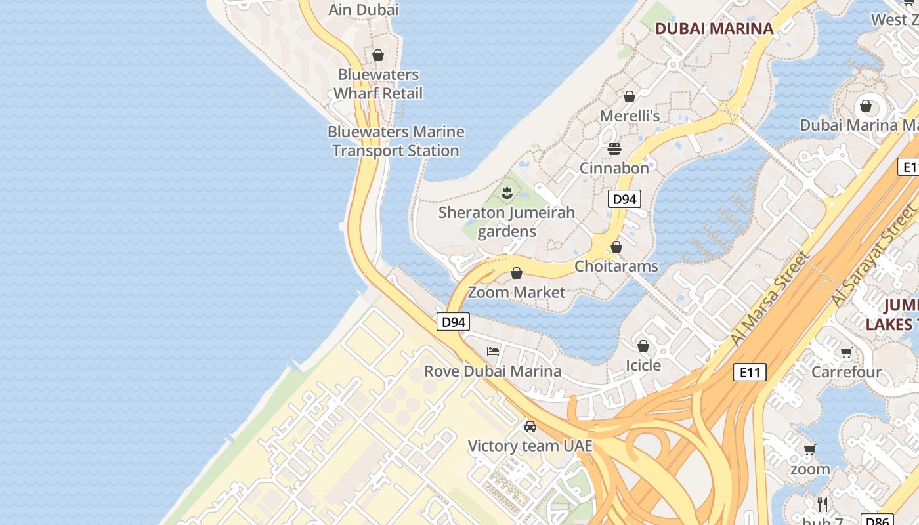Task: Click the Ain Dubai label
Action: point(363,10)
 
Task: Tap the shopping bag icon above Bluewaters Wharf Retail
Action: point(378,55)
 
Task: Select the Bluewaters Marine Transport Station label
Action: point(396,141)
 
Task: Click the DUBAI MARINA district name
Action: point(714,28)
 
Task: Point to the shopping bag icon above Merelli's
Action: point(630,96)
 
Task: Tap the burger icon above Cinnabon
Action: point(614,149)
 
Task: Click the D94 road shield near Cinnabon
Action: point(624,199)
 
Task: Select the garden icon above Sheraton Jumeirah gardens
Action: point(507,193)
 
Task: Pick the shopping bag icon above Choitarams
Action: point(616,247)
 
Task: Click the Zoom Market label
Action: point(516,292)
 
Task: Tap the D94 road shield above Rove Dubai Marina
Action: point(454,322)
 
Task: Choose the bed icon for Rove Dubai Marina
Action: point(493,352)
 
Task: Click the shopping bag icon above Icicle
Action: point(643,345)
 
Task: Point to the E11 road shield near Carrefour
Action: point(749,373)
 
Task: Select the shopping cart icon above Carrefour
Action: point(847,353)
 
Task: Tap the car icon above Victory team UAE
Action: point(530,427)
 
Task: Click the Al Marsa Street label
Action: point(769,299)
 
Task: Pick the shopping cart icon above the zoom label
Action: point(810,450)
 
